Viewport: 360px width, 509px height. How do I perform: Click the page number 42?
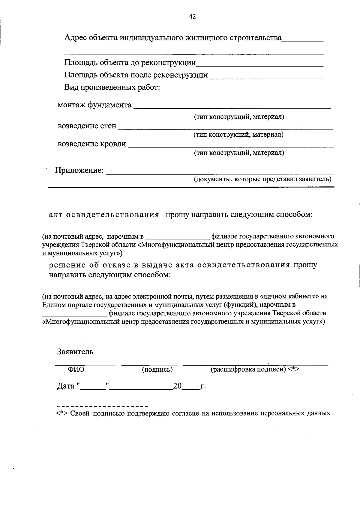[192, 17]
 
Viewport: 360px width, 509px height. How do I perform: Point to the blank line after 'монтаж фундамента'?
[232, 106]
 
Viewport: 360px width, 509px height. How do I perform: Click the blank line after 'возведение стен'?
[225, 127]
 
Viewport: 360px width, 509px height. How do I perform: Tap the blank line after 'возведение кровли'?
[231, 145]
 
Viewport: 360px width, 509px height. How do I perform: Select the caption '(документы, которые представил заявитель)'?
[262, 179]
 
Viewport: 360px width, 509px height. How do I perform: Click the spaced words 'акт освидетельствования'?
[104, 215]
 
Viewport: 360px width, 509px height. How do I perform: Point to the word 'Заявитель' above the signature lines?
[75, 352]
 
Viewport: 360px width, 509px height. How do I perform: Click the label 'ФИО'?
[76, 369]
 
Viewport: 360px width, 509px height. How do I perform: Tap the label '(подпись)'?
[157, 370]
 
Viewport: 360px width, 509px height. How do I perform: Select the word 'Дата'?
[66, 386]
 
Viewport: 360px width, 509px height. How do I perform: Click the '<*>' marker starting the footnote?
[62, 413]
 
